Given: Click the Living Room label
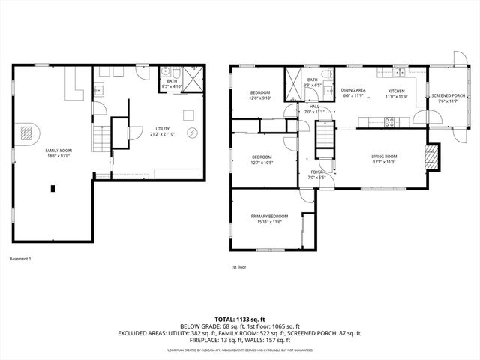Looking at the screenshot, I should [x=383, y=156].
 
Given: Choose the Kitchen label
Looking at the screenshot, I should [x=395, y=91].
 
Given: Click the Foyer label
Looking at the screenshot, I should [x=316, y=172].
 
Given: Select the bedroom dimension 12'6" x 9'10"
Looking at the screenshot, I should [x=260, y=97].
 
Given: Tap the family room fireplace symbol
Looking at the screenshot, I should [x=27, y=133].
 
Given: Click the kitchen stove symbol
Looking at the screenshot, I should [x=389, y=121].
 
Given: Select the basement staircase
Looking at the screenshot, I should [x=100, y=138].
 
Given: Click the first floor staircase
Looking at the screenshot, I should [x=323, y=138].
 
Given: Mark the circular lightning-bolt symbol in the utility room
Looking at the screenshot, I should [x=192, y=133].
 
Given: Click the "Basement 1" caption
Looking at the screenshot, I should [x=20, y=259].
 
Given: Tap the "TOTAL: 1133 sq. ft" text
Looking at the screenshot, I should [x=240, y=319].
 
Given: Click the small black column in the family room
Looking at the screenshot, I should [x=53, y=188].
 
